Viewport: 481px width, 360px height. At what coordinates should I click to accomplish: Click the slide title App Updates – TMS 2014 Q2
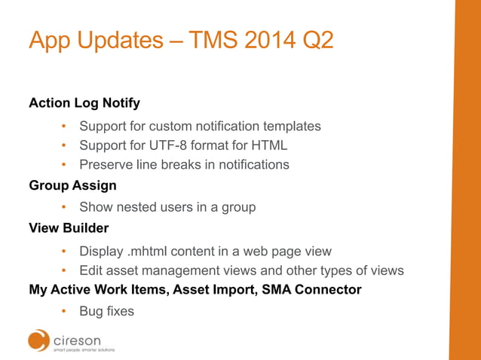[x=180, y=40]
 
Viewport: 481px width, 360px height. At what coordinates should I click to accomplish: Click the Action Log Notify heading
[x=84, y=102]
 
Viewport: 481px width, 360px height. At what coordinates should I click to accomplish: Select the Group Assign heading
[x=72, y=185]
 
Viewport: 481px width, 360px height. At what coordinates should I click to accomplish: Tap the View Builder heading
[x=69, y=227]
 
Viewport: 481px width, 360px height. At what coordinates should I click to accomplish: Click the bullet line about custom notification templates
[x=200, y=126]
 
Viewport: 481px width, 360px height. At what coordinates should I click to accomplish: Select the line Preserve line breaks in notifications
[x=184, y=164]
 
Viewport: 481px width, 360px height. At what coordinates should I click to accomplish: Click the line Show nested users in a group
[x=167, y=207]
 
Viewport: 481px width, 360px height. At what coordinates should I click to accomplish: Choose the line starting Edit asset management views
[x=241, y=270]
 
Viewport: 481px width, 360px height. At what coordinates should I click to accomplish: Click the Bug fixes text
[x=106, y=311]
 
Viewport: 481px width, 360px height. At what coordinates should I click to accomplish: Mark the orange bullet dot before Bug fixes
[x=65, y=311]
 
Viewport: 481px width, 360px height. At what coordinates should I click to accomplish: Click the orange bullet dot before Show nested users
[x=65, y=207]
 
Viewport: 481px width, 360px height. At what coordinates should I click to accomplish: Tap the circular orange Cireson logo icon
[x=39, y=340]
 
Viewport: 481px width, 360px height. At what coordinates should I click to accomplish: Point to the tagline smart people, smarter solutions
[x=84, y=350]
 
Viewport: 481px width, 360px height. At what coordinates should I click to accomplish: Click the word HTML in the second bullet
[x=270, y=145]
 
